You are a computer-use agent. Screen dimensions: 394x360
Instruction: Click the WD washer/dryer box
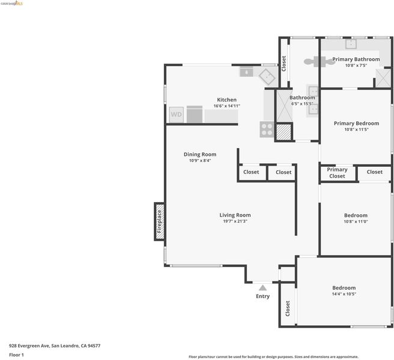[x=176, y=115]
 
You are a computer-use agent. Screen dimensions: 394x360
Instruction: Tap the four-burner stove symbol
[x=267, y=129]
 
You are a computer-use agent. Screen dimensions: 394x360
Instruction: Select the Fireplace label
[x=159, y=221]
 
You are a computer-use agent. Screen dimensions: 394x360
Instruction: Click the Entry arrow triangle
[x=262, y=287]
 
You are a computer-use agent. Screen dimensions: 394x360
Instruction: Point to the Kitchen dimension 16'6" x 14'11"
[x=226, y=106]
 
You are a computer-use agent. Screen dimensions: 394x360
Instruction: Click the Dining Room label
[x=200, y=154]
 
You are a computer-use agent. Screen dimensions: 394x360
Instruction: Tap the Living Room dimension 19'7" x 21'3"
[x=235, y=221]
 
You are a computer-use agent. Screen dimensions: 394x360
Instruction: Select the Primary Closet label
[x=337, y=173]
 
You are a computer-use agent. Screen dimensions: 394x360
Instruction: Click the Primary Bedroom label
[x=356, y=123]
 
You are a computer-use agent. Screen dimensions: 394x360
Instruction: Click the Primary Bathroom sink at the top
[x=351, y=44]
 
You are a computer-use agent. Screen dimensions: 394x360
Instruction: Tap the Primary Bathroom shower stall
[x=383, y=79]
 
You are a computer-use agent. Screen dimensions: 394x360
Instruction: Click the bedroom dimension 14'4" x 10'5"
[x=344, y=294]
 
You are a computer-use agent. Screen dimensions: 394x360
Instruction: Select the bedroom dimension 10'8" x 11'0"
[x=356, y=221]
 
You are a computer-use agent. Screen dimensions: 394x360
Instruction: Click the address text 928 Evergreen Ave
[x=29, y=346]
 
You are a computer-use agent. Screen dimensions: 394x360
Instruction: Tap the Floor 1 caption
[x=16, y=355]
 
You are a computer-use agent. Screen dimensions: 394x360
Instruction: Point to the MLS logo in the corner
[x=11, y=3]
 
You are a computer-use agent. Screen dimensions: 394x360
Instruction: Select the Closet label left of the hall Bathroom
[x=283, y=64]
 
